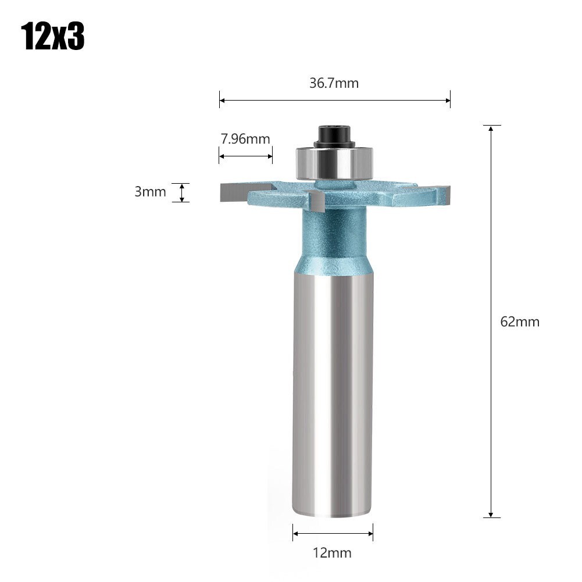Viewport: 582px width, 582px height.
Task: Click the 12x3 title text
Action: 53,37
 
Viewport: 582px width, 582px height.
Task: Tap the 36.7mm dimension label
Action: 334,83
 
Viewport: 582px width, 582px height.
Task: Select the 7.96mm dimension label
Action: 245,139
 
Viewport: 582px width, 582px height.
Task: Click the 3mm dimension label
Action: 150,192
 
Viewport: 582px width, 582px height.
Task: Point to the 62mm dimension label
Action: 520,322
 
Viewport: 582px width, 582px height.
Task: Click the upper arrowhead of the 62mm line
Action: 491,128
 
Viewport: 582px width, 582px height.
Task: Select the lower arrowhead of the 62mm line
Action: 491,514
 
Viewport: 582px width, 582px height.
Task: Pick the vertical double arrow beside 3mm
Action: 182,192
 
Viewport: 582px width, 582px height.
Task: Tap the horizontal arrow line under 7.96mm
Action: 245,155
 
